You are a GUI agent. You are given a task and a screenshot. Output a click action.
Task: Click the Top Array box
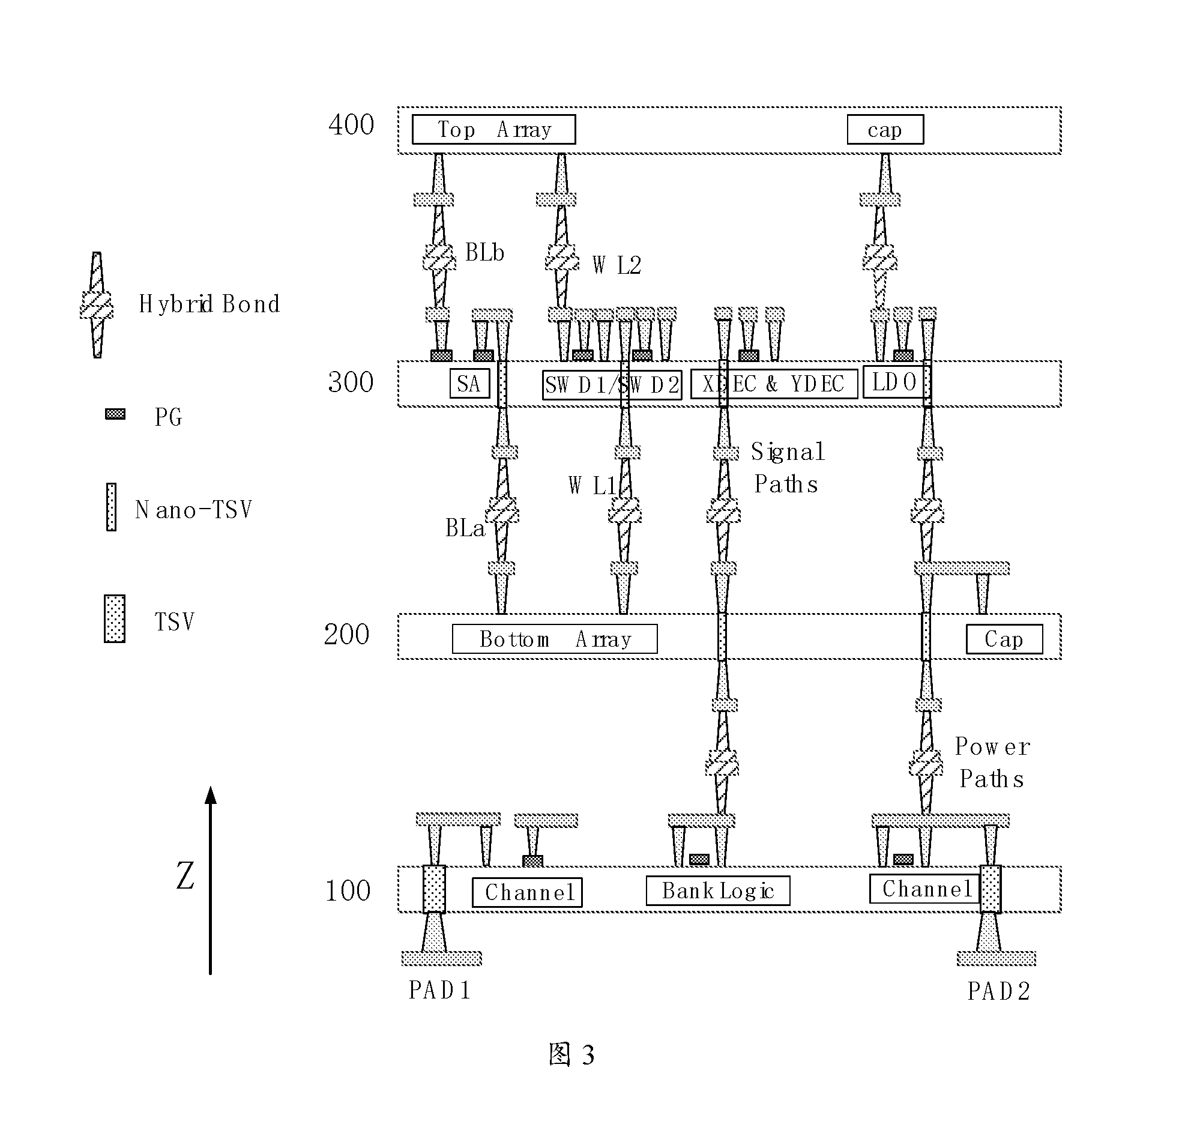point(493,129)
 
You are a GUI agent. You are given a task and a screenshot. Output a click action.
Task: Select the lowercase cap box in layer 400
point(885,129)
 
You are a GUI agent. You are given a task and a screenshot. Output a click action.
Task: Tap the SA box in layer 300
point(469,383)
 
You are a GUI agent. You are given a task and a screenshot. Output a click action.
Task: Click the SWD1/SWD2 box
point(612,385)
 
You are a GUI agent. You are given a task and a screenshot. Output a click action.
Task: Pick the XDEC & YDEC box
point(774,384)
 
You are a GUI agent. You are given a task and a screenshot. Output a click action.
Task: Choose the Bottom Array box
point(555,639)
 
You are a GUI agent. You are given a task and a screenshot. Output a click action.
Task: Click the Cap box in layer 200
point(1004,639)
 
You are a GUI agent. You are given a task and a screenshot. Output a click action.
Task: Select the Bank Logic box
point(717,890)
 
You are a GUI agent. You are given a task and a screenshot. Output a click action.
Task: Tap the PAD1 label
point(439,990)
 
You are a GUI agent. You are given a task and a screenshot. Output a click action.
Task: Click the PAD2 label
point(999,991)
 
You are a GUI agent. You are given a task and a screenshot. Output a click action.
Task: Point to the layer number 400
point(351,125)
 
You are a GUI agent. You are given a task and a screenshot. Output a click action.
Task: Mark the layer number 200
point(347,635)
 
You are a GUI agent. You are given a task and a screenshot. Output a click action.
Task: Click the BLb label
point(484,252)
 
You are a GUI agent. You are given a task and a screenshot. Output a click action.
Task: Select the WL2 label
point(617,265)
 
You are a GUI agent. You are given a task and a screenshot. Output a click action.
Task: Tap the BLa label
point(465,528)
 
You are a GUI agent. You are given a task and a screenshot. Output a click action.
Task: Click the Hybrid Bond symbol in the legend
point(97,305)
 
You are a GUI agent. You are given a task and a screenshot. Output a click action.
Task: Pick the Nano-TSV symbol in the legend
point(111,507)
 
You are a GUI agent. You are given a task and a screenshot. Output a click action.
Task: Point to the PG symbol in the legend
point(115,414)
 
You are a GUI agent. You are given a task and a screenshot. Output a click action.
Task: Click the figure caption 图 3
point(571,1056)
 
